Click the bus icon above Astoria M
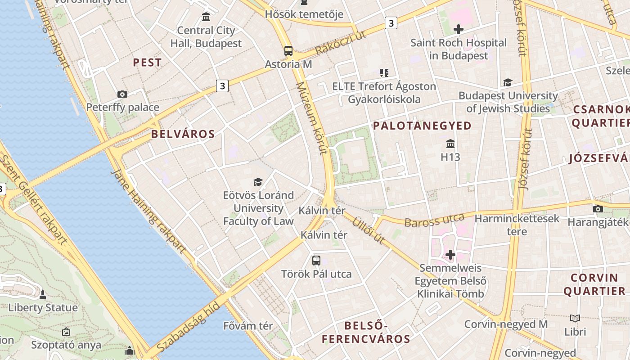tap(288, 50)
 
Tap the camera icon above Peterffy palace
tap(122, 94)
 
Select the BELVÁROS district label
tap(183, 134)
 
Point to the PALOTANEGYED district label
tap(422, 126)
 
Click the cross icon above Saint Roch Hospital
tap(459, 30)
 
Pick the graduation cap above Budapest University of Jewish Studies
tap(508, 82)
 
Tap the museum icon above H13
tap(450, 144)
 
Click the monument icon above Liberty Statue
tap(43, 295)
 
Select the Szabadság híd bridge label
tap(189, 327)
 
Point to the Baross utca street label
tap(434, 220)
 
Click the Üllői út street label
tap(369, 231)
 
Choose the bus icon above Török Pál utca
tap(316, 260)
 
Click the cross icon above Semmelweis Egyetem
tap(450, 255)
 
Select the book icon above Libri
tap(575, 319)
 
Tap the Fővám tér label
tap(248, 325)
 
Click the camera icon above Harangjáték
tap(598, 209)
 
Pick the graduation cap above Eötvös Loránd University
tap(258, 182)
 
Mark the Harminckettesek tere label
tap(517, 225)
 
